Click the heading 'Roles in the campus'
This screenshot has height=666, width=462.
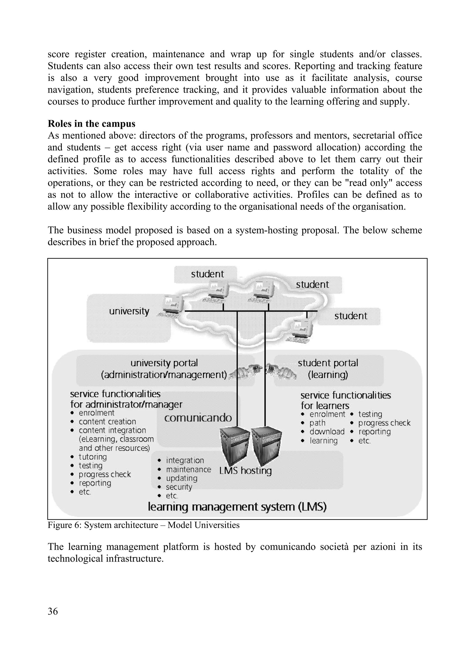click(91, 124)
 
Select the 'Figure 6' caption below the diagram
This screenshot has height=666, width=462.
click(143, 525)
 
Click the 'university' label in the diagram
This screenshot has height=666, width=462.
click(129, 311)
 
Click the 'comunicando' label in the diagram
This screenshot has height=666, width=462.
click(198, 418)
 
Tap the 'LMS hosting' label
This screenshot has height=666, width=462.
click(245, 471)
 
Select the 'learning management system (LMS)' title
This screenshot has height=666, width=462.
click(237, 507)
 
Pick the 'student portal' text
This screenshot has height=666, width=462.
click(328, 363)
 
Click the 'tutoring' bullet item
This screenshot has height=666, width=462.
click(93, 457)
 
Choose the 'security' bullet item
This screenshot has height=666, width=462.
click(179, 487)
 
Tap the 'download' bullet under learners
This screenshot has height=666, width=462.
click(327, 431)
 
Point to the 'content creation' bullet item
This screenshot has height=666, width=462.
click(107, 422)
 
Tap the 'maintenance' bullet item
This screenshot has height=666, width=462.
click(188, 470)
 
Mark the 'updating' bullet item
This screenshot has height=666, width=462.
click(182, 478)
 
